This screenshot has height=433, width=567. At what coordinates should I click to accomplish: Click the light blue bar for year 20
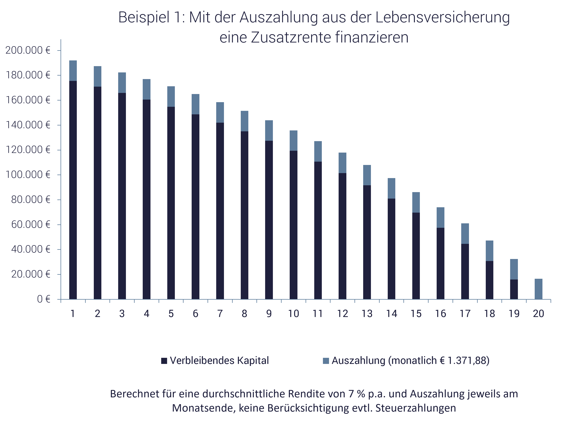click(538, 289)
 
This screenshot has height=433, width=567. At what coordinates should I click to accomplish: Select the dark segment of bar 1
click(73, 190)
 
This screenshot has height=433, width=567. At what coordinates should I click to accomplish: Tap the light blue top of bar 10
click(293, 140)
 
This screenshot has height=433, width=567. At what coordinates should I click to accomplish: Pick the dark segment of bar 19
click(514, 289)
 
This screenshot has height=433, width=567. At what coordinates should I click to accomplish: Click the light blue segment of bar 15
click(416, 202)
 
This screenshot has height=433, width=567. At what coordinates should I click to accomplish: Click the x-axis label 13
click(367, 314)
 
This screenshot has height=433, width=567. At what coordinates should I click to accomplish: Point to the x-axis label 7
click(220, 314)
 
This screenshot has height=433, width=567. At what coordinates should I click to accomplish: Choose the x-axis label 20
click(538, 314)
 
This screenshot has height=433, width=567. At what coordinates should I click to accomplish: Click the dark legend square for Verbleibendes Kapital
click(164, 361)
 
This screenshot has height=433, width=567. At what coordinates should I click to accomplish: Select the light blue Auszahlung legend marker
click(326, 361)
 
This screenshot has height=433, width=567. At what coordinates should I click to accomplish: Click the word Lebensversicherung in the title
click(442, 18)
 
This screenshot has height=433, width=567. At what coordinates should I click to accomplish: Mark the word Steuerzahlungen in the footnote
click(416, 408)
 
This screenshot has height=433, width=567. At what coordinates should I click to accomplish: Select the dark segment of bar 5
click(171, 203)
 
